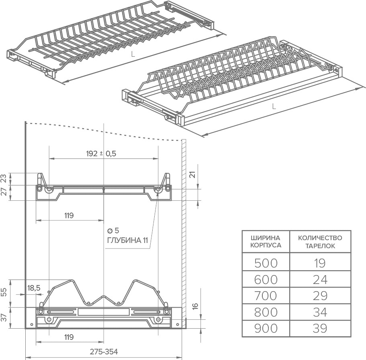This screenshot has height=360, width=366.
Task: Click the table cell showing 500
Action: [266, 263]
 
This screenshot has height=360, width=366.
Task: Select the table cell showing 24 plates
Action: [320, 280]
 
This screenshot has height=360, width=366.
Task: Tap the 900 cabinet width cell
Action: [266, 328]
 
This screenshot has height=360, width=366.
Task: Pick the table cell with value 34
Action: [320, 312]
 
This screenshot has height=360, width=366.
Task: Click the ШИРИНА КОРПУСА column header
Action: [266, 241]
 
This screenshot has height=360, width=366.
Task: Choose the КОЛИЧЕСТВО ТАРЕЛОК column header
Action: [320, 241]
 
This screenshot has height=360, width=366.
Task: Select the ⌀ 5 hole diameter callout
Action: [113, 231]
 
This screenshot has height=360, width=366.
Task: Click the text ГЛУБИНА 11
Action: [127, 240]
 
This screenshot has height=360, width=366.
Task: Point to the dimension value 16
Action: [195, 306]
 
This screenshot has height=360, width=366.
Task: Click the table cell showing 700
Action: [266, 296]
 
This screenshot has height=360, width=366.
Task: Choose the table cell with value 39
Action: [320, 328]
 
